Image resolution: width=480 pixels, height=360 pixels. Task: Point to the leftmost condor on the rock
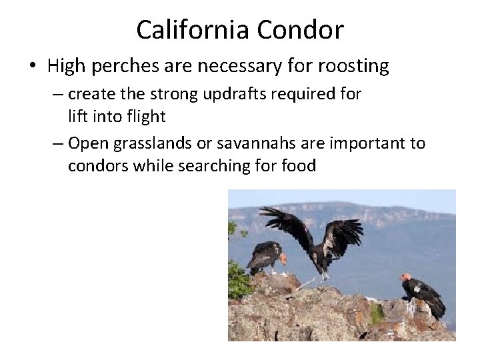[267, 256]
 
